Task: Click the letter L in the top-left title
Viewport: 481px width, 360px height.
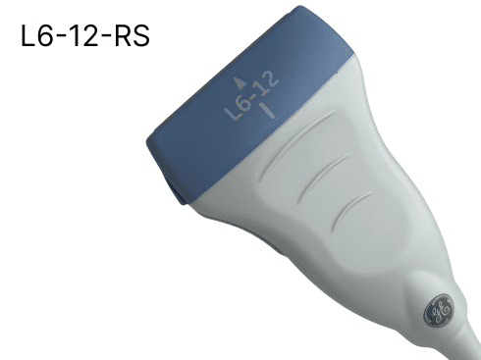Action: tap(27, 35)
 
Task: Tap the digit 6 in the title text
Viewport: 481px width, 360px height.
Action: tap(45, 35)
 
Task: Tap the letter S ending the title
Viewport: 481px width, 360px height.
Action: tap(141, 35)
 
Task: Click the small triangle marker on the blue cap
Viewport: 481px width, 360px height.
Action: tap(240, 83)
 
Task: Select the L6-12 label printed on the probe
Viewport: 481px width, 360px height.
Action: tap(251, 96)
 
